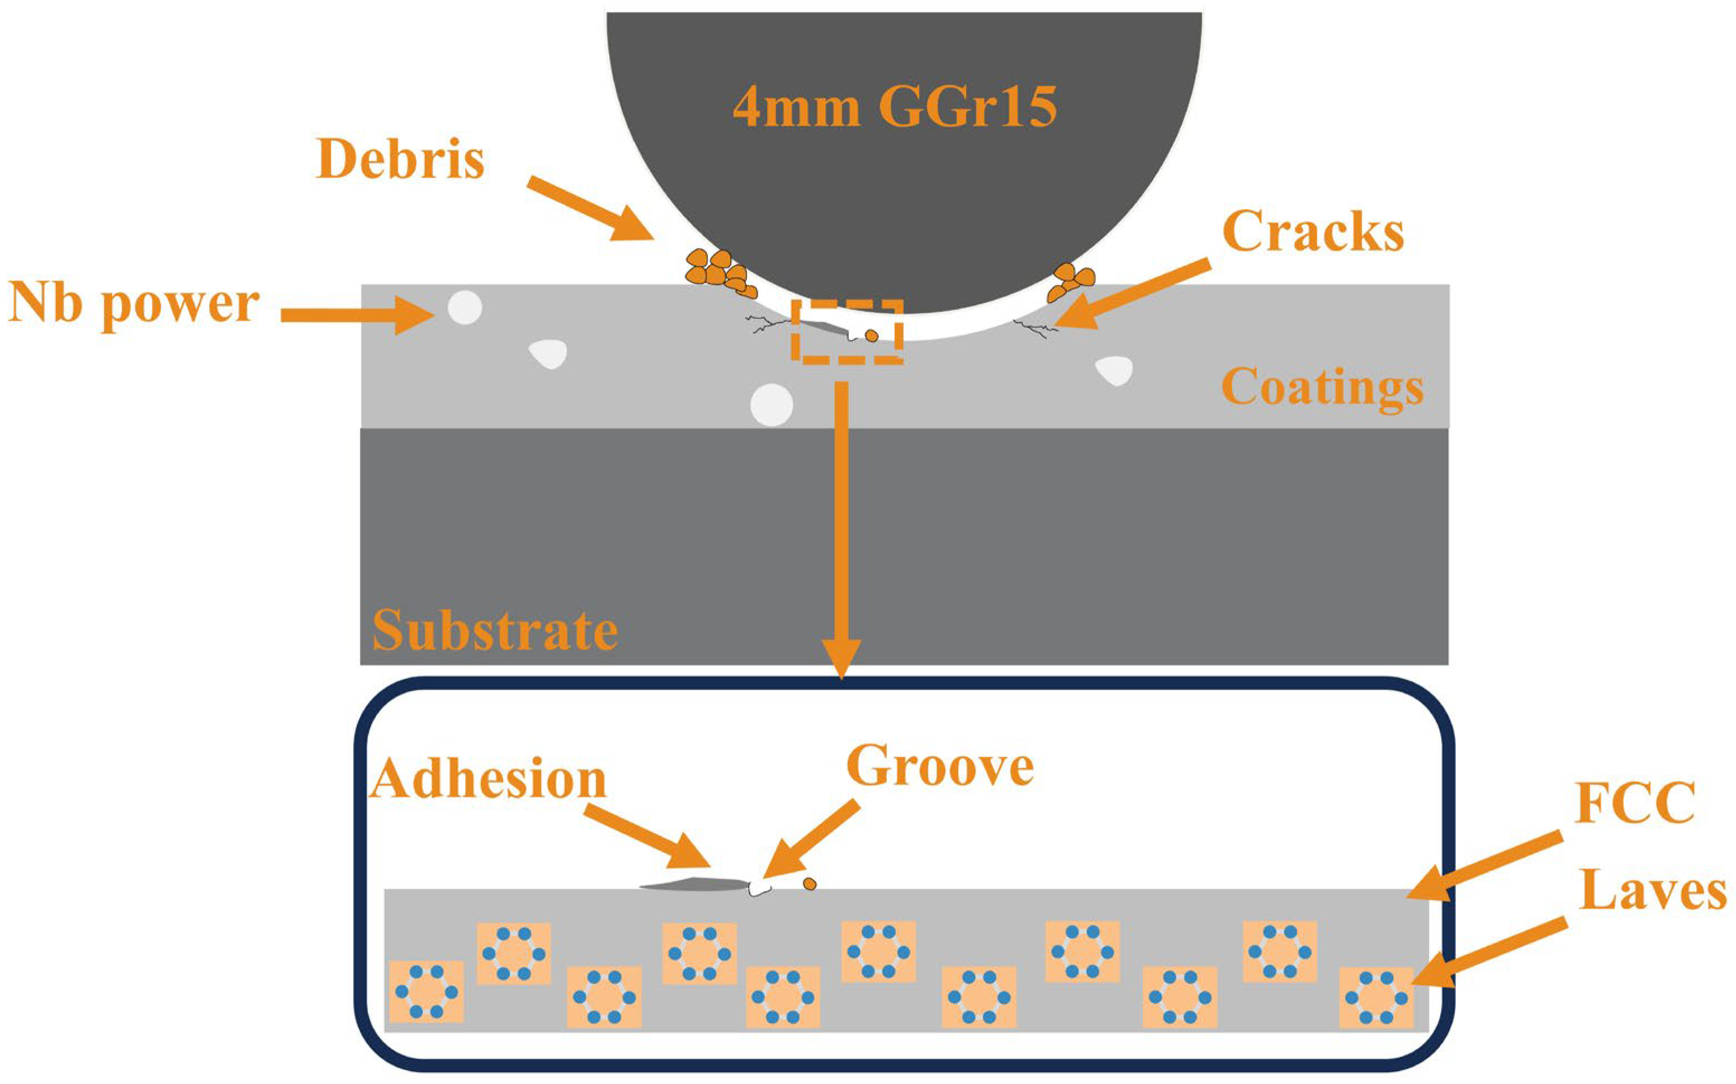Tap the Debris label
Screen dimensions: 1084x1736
tap(400, 159)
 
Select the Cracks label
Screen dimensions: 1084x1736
tap(1313, 232)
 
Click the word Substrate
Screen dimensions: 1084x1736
tap(495, 631)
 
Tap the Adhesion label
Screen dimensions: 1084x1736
tap(489, 779)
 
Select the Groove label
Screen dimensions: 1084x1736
tap(940, 766)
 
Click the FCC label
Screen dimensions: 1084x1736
tap(1634, 803)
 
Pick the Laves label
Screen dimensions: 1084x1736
tap(1652, 893)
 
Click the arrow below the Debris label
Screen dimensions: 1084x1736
tap(591, 209)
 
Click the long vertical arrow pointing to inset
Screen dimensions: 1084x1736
tap(842, 530)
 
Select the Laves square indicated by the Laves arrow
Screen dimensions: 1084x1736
tap(1375, 997)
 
